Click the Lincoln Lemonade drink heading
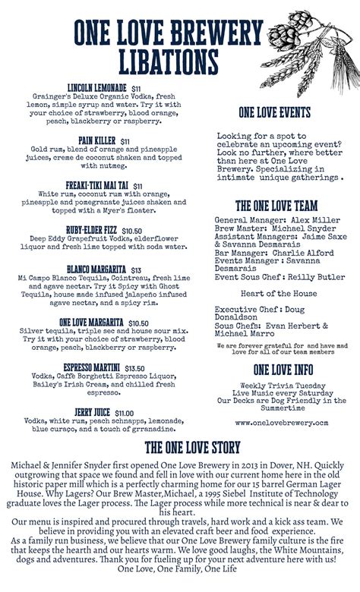(x=96, y=88)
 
